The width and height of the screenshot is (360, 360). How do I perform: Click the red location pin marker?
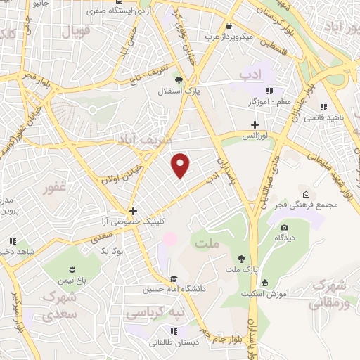181,165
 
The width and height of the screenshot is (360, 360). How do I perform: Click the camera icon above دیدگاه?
284,227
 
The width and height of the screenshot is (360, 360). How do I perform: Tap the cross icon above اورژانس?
255,124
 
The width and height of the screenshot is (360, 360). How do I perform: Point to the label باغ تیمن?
72,280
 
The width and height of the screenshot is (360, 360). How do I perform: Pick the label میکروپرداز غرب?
229,35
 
